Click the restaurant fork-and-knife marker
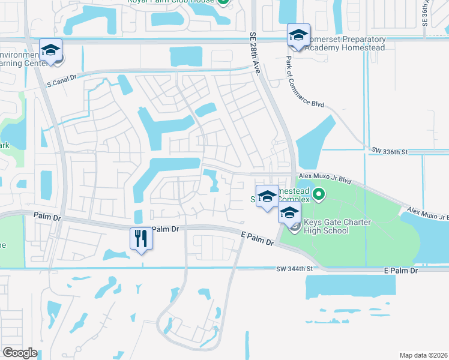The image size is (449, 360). pos(142,239)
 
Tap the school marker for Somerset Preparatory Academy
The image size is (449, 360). pos(298,35)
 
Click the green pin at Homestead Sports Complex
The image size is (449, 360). pos(319,194)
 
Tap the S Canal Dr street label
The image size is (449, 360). pos(62,77)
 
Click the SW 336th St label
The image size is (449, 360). pos(389,152)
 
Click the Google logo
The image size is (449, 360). pos(20,353)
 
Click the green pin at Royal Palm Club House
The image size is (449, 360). pos(223,2)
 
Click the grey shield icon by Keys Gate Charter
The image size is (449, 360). pos(294,227)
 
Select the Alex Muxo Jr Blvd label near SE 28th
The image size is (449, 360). pos(325,178)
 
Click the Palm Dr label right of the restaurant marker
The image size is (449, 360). pos(165,229)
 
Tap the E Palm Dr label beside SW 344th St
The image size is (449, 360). pos(400,271)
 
